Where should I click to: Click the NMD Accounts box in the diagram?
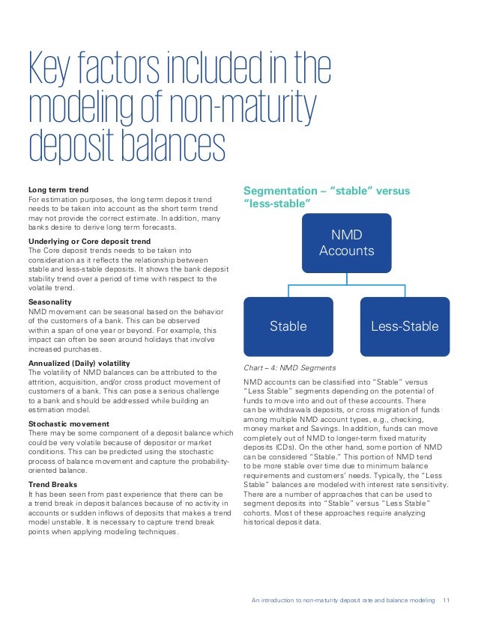(346, 242)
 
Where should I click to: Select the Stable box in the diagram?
(288, 326)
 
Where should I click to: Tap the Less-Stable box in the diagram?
(405, 326)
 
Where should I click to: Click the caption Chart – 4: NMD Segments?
(290, 367)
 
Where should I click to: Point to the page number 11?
(448, 599)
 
